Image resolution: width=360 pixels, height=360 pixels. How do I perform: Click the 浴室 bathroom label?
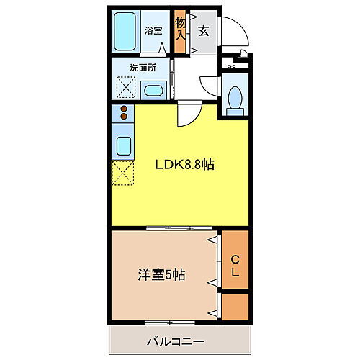pyautogui.click(x=153, y=31)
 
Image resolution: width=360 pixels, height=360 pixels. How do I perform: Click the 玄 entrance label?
pyautogui.click(x=204, y=31)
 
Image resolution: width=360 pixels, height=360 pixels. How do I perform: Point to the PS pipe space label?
pyautogui.click(x=230, y=68)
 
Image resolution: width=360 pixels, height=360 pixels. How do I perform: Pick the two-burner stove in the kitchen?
pyautogui.click(x=124, y=113)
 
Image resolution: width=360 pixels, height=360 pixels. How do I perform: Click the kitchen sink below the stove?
pyautogui.click(x=123, y=148)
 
